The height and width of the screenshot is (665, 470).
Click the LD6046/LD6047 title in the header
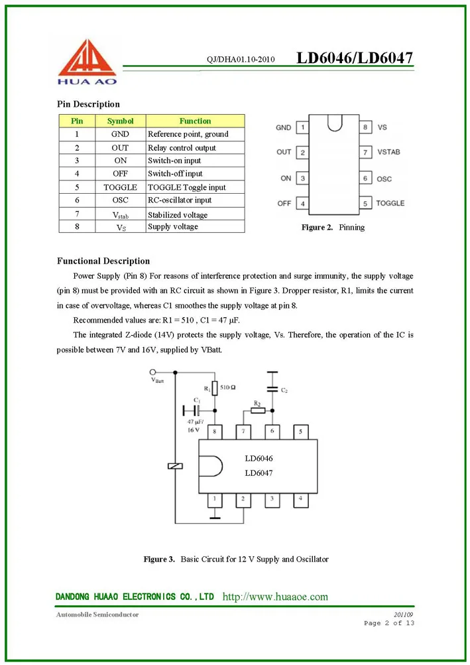point(355,58)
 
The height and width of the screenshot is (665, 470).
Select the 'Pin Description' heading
point(88,104)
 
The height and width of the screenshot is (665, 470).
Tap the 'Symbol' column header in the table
point(120,121)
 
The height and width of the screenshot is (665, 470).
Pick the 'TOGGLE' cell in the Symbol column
point(120,187)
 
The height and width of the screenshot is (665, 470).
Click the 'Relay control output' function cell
point(182,147)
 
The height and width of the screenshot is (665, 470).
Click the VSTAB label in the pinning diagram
point(388,152)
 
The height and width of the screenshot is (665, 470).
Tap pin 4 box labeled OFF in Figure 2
point(302,203)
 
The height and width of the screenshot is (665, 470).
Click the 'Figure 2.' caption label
point(317,228)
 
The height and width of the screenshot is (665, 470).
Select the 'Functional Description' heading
point(103,261)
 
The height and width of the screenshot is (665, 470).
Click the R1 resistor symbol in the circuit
point(214,388)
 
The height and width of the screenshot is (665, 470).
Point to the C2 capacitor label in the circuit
point(284,390)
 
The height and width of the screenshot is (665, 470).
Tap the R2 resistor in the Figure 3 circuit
point(258,410)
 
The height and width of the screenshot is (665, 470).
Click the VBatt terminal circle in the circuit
point(154,372)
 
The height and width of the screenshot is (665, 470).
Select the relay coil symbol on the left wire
point(175,466)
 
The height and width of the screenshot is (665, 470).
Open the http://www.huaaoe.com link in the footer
point(275,597)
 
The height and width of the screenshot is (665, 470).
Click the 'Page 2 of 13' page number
point(389,623)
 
